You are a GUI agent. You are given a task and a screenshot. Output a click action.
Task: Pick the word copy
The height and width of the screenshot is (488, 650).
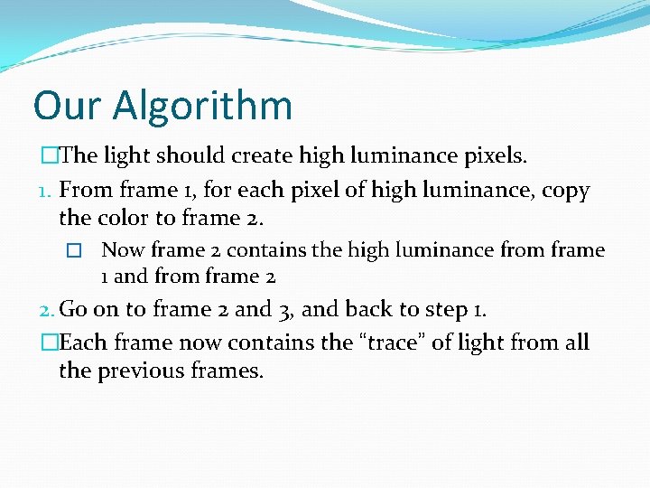point(565,192)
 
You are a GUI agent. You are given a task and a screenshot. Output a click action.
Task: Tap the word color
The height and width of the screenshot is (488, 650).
point(124,218)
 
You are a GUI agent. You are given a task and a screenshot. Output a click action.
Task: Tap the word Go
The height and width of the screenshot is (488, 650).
point(72,309)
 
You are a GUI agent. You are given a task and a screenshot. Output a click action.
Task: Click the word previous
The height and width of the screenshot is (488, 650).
point(139,370)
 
